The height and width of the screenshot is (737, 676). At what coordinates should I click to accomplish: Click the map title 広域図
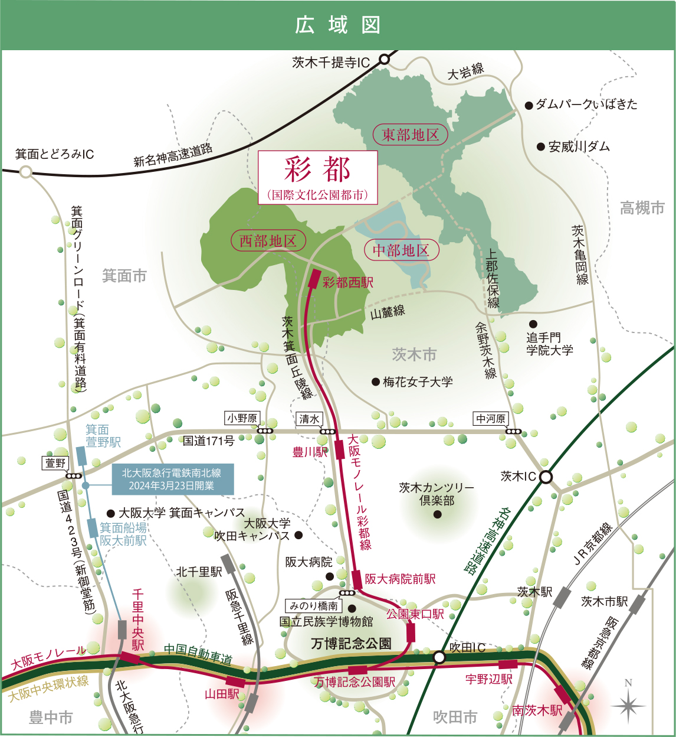pos(337,25)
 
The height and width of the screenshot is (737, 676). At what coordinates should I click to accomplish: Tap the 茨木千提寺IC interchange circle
pos(385,59)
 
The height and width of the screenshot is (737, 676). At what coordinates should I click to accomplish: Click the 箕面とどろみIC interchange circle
pos(25,172)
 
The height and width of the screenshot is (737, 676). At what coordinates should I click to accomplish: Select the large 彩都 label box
pos(317,177)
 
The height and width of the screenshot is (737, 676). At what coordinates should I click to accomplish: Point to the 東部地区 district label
pos(411,135)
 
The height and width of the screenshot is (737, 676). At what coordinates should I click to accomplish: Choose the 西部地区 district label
pos(268,240)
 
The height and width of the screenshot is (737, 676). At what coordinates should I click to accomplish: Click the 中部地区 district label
pos(401,250)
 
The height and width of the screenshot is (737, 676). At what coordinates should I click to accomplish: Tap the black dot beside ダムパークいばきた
pos(529,106)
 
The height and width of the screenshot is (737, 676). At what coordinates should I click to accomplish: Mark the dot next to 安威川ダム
pos(540,146)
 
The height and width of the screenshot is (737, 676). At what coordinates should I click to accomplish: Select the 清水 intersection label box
pos(309,419)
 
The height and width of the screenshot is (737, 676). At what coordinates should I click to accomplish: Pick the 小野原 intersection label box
pos(242,418)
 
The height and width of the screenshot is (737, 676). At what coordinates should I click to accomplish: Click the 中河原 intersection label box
pos(491,419)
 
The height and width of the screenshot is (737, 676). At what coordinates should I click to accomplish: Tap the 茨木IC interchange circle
pos(546,477)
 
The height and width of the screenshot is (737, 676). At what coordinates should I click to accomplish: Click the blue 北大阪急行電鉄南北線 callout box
pos(173,479)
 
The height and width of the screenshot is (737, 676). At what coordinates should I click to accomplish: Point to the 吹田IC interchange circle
pos(439,657)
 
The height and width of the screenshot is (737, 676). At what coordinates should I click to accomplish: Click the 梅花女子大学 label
pos(418,382)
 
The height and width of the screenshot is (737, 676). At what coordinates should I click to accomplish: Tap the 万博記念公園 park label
pos(351,643)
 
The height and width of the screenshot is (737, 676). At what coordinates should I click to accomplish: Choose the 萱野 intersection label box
pos(56,463)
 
